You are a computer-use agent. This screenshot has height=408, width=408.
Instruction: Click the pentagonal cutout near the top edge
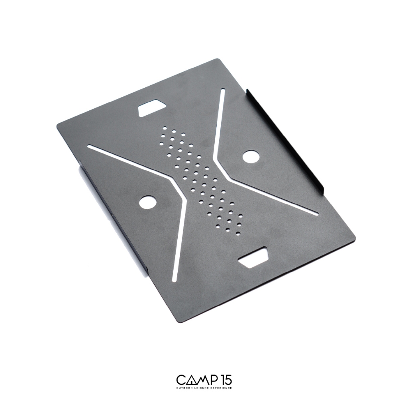coord(151,107)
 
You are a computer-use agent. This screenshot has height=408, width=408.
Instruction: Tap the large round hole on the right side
coord(251,156)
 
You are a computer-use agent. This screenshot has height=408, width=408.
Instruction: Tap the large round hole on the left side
coord(148,201)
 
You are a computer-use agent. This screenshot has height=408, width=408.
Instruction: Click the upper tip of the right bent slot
coord(222,90)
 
